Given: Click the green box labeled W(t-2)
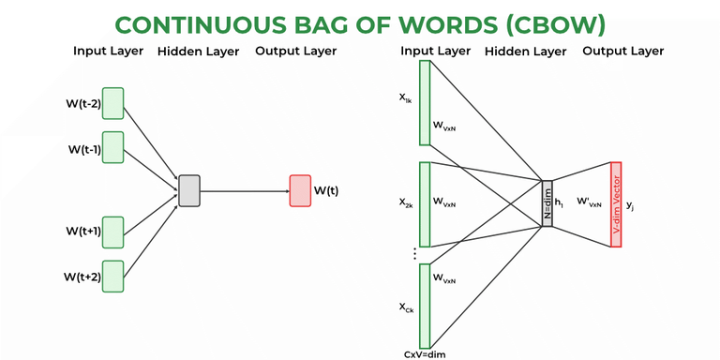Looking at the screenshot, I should (113, 103).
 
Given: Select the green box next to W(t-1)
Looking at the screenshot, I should (113, 147).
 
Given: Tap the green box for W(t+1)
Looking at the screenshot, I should (113, 232).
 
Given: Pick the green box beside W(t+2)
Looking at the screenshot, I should (113, 276).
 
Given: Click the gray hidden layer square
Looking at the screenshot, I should (189, 190).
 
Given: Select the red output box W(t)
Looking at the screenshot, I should (300, 190).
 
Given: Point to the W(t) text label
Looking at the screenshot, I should (326, 191).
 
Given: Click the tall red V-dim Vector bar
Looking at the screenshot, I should (616, 204).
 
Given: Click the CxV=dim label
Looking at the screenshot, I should (424, 353).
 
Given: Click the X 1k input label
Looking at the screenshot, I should (406, 98).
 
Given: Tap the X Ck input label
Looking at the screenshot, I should (406, 307).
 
